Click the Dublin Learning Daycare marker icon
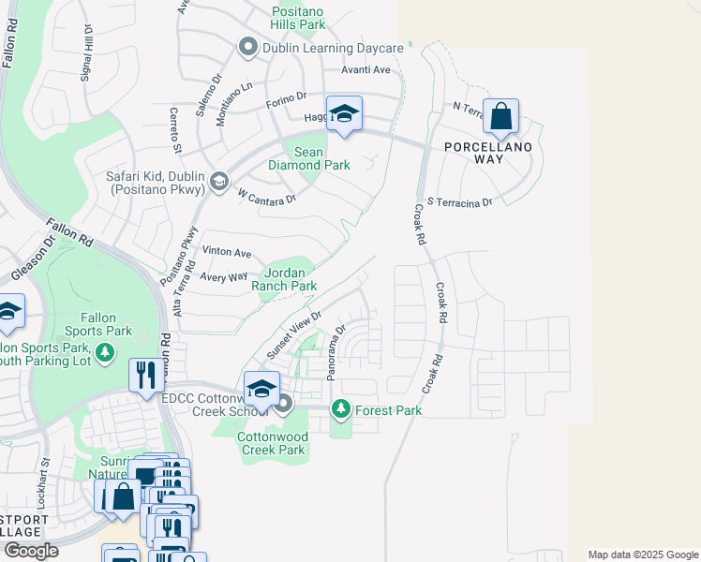248,47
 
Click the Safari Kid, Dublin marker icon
218,181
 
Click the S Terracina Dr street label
459,202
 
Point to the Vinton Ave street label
228,253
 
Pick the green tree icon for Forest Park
341,409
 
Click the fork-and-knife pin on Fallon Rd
145,376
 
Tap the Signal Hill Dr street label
87,54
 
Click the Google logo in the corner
31,551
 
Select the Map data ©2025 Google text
642,555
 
